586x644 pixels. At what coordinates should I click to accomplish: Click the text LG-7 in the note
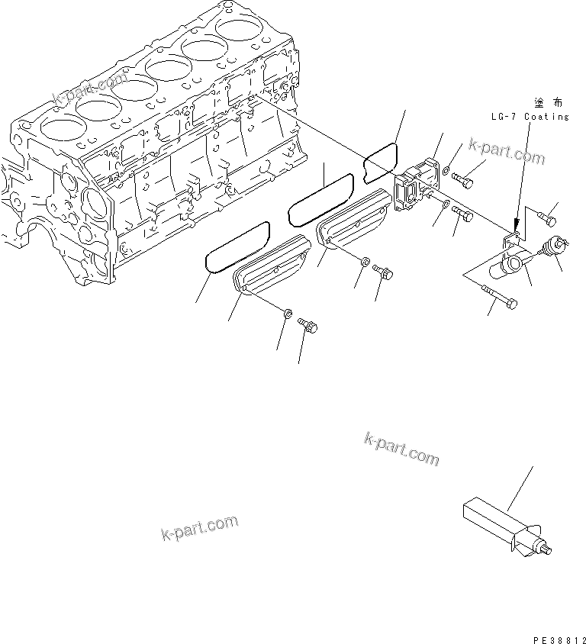(x=505, y=117)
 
